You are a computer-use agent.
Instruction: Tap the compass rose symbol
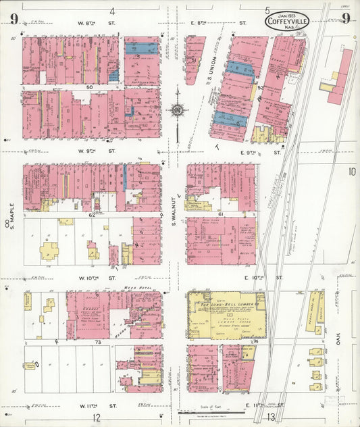(177, 109)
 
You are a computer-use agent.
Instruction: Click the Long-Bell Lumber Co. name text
(224, 307)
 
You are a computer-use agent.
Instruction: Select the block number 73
(97, 343)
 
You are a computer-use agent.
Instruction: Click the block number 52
(259, 87)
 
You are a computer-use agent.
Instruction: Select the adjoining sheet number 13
(270, 418)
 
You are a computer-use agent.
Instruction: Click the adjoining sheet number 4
(112, 11)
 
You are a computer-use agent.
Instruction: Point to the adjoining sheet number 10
(351, 172)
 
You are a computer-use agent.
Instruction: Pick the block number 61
(220, 214)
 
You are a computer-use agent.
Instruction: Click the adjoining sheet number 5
(267, 9)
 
